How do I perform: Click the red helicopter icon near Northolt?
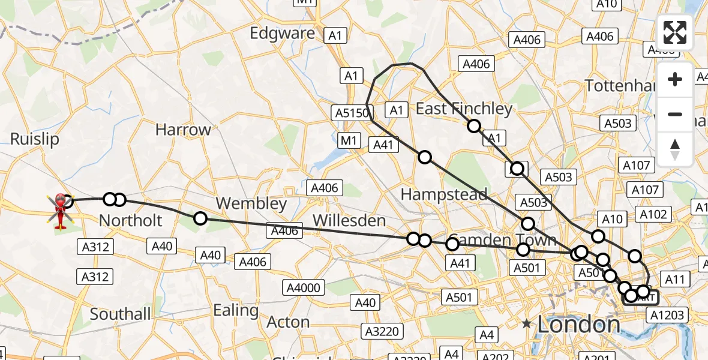tap(61, 210)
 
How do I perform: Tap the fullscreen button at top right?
tap(675, 32)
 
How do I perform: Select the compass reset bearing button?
tap(675, 149)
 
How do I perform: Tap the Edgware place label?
tap(282, 33)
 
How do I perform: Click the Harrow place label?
tap(183, 130)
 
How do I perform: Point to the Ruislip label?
tap(35, 139)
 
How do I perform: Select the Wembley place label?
tap(251, 203)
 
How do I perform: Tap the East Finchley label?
tap(464, 109)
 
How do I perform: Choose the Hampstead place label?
tap(443, 194)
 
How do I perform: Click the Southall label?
tap(120, 314)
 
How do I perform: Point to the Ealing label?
tap(236, 311)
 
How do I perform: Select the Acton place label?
tap(288, 322)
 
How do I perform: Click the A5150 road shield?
tap(352, 112)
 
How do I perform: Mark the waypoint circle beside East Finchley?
tap(474, 125)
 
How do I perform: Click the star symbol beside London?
tap(527, 324)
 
